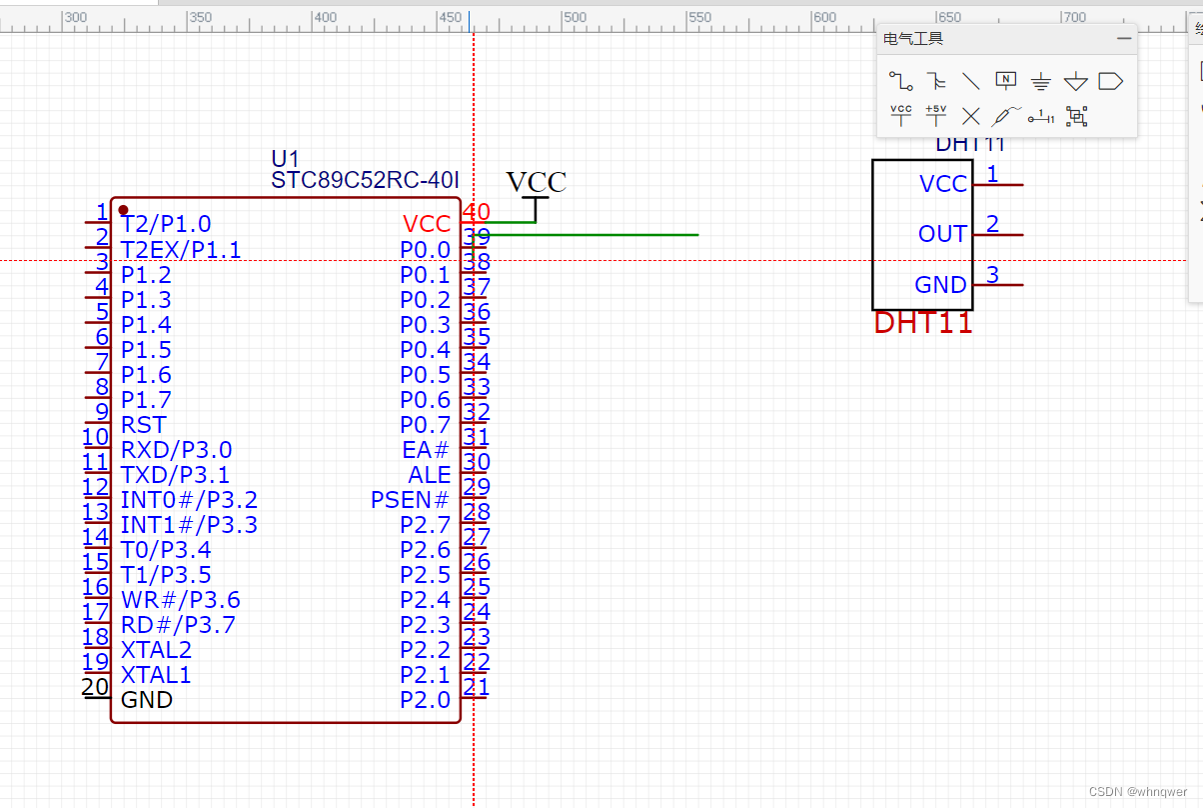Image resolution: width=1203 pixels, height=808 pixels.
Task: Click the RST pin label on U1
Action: (143, 425)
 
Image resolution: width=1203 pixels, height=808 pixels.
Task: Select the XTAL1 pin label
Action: (155, 675)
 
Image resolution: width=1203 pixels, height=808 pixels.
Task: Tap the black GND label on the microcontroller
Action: (147, 700)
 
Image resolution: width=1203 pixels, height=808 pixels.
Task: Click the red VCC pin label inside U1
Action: (427, 224)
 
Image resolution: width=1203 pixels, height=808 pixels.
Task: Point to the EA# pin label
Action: (426, 450)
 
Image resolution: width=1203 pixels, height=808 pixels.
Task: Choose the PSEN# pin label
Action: (410, 500)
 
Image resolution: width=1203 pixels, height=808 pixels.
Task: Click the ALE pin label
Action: (430, 475)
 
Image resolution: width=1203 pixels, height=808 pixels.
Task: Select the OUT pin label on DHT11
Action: (942, 234)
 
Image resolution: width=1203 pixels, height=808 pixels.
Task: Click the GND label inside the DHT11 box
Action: (940, 285)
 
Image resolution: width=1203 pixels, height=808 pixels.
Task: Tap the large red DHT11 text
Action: (923, 323)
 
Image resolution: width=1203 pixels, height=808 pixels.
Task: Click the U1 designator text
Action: (285, 159)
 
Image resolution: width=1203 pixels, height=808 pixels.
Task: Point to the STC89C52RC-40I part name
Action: (365, 180)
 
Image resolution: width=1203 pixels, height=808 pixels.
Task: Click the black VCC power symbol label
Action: (536, 182)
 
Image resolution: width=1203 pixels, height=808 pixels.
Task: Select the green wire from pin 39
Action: (600, 235)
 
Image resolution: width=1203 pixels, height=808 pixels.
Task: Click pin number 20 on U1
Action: (95, 687)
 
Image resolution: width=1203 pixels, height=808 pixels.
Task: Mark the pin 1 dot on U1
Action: (123, 210)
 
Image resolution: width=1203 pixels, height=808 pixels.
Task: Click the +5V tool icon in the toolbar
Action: (935, 115)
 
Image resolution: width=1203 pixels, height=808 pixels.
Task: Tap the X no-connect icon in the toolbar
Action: (970, 116)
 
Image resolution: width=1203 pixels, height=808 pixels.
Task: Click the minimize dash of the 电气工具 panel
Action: (1124, 39)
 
